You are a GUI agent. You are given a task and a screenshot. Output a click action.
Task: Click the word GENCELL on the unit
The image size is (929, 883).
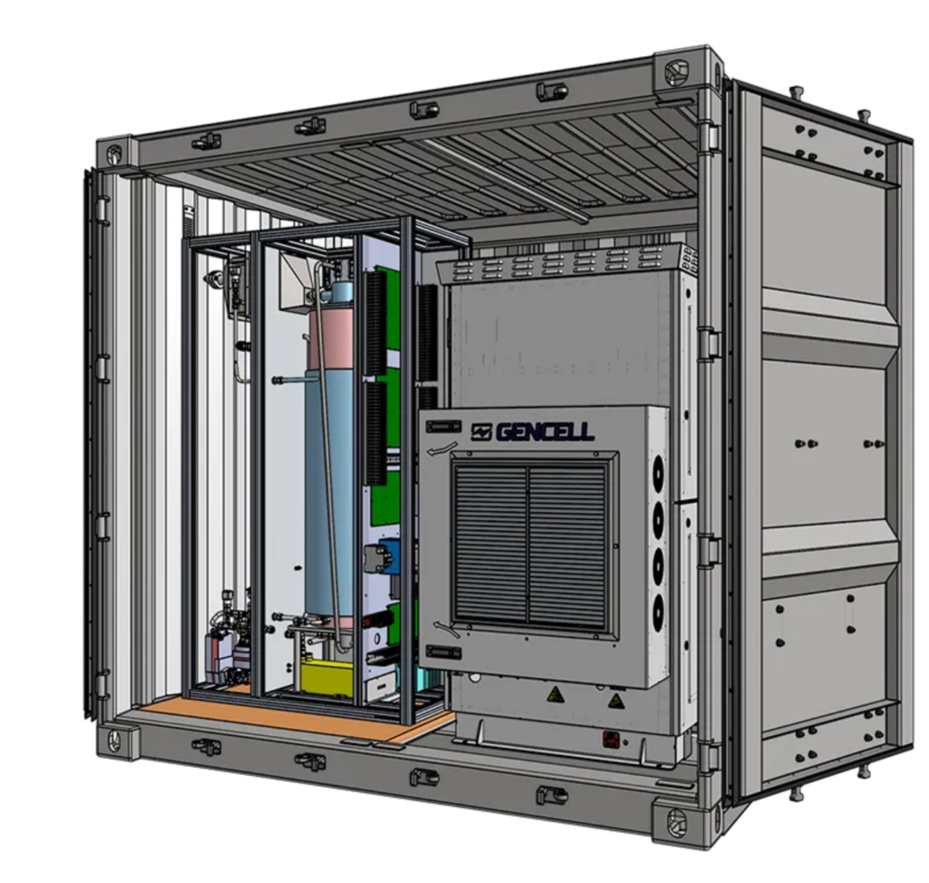point(545,431)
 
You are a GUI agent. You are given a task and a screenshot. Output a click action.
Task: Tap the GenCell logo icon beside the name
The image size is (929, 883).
point(481,432)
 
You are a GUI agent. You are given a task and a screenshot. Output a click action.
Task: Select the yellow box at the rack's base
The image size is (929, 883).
point(327,678)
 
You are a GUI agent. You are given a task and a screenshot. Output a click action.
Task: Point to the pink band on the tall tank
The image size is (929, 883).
point(330,338)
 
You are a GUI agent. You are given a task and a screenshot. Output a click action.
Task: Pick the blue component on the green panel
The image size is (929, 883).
point(390,555)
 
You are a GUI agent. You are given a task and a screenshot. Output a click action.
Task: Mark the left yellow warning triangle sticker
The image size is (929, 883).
point(554,694)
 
